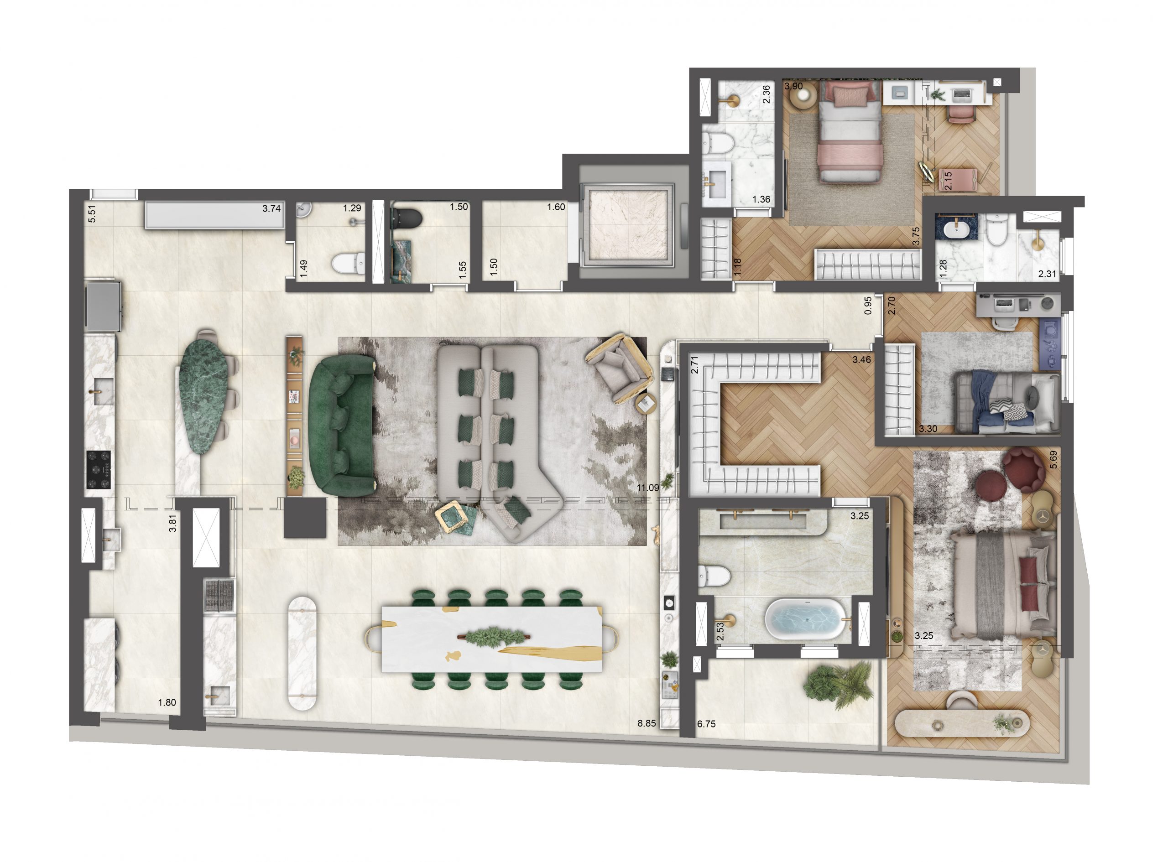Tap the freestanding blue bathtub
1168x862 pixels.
point(804,619)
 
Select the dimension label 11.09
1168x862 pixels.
point(648,488)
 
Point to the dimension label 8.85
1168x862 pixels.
point(647,723)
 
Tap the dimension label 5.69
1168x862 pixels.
point(1053,459)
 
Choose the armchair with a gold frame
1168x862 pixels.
point(620,369)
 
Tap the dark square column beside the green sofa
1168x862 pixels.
point(305,517)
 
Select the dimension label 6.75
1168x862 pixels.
point(706,724)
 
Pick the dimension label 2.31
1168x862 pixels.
point(1047,273)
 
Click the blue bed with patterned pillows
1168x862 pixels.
point(1002,402)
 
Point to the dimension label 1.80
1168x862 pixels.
point(167,702)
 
